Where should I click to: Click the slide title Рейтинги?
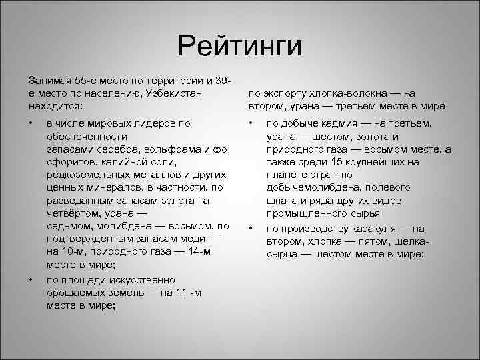tap(240, 47)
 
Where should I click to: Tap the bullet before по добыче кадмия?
tap(250, 124)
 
